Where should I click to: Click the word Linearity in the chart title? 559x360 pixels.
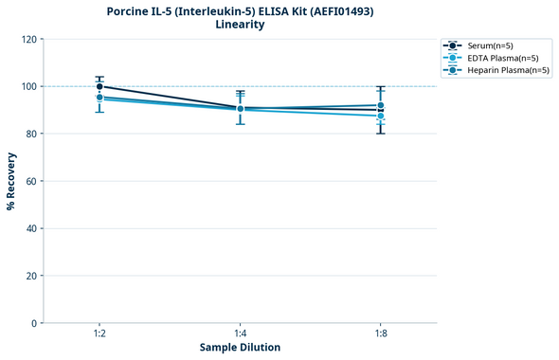pyautogui.click(x=240, y=25)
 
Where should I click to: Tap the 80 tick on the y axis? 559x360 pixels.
pyautogui.click(x=31, y=134)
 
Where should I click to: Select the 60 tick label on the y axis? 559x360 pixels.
pyautogui.click(x=31, y=181)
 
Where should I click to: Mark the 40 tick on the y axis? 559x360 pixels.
pyautogui.click(x=31, y=228)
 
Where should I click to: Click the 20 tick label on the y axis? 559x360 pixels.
pyautogui.click(x=31, y=276)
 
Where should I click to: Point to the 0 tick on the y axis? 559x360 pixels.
pyautogui.click(x=34, y=323)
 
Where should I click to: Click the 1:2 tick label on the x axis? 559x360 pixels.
pyautogui.click(x=99, y=333)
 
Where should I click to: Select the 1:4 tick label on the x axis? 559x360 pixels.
pyautogui.click(x=240, y=333)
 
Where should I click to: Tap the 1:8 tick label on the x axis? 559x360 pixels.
pyautogui.click(x=381, y=333)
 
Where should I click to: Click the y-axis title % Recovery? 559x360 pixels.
pyautogui.click(x=11, y=181)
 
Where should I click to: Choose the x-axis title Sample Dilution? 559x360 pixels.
pyautogui.click(x=240, y=348)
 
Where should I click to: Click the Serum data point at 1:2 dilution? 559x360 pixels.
pyautogui.click(x=99, y=86)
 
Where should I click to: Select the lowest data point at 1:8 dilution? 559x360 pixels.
pyautogui.click(x=381, y=116)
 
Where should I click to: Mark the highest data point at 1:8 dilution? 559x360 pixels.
pyautogui.click(x=381, y=105)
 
